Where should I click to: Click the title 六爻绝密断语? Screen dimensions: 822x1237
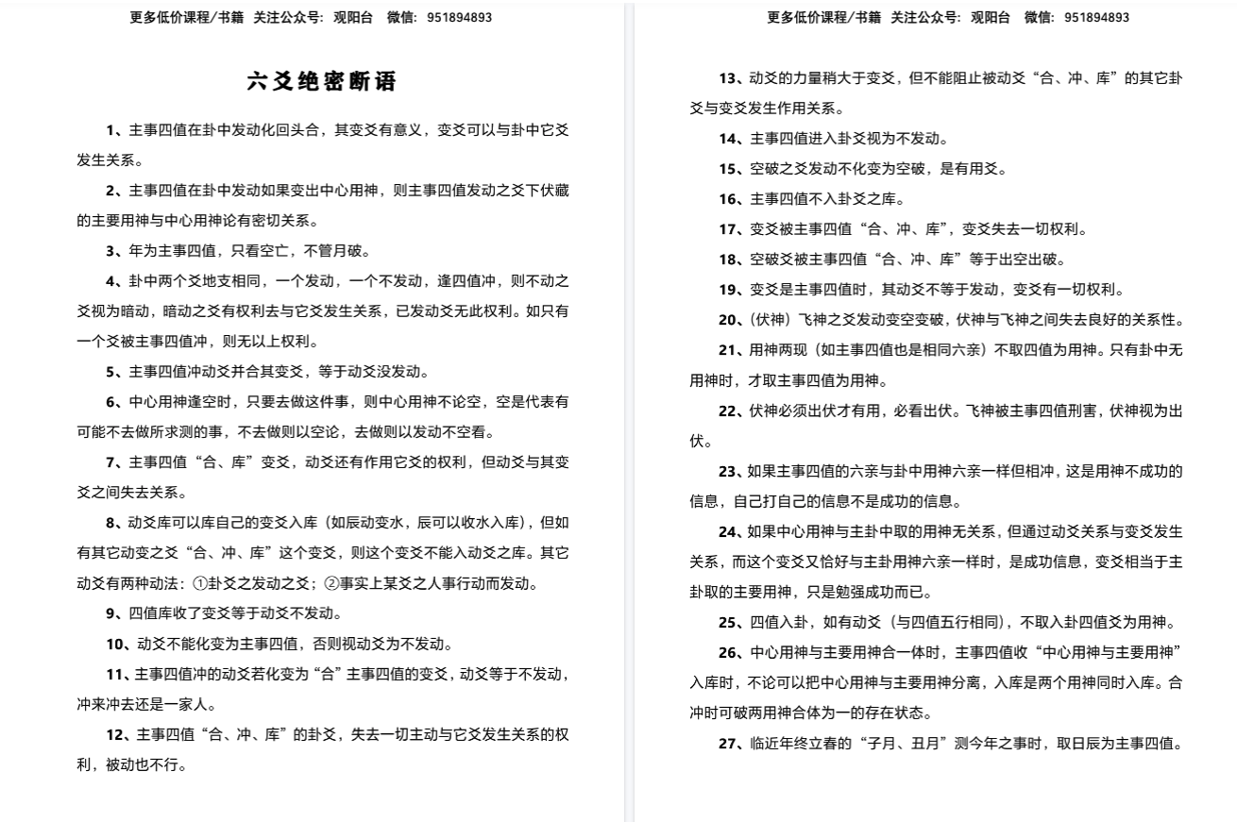tap(322, 82)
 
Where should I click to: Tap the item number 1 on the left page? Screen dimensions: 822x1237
tap(111, 130)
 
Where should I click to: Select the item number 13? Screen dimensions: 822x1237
tap(728, 78)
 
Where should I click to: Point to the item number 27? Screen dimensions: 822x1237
tap(728, 744)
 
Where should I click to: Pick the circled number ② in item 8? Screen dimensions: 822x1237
tap(331, 583)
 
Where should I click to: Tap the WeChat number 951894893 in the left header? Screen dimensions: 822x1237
tap(459, 17)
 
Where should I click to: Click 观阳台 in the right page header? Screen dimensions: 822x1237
tap(990, 17)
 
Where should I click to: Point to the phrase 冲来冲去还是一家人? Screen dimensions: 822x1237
tap(146, 704)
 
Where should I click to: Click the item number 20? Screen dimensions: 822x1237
tap(728, 320)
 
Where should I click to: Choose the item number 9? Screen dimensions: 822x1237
tap(111, 613)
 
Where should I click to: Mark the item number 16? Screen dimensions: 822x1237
tap(728, 199)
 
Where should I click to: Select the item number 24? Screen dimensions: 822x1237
tap(728, 531)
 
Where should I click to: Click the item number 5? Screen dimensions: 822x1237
tap(111, 372)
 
